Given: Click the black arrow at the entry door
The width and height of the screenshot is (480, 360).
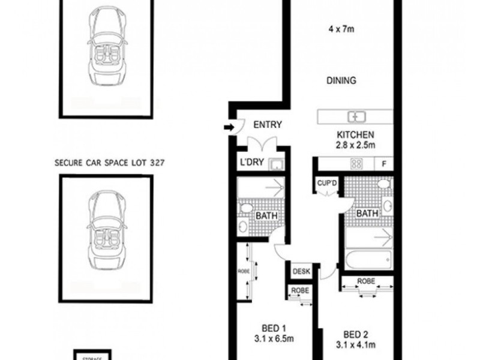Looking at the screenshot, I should click(229, 127).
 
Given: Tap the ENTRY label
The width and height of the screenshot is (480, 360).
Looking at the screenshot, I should click(268, 125).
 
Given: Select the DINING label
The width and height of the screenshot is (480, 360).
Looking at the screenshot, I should click(342, 80).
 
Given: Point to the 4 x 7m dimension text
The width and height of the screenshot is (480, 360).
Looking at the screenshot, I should click(341, 26).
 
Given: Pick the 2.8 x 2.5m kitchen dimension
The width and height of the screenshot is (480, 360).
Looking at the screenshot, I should click(355, 145).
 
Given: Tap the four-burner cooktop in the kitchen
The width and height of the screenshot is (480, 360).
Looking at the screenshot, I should click(356, 163).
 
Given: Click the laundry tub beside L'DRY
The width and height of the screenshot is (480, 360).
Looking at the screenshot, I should click(277, 163).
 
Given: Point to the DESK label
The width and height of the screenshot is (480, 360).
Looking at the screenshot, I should click(301, 271).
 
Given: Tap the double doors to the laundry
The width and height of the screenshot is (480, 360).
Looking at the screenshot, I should click(262, 144).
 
